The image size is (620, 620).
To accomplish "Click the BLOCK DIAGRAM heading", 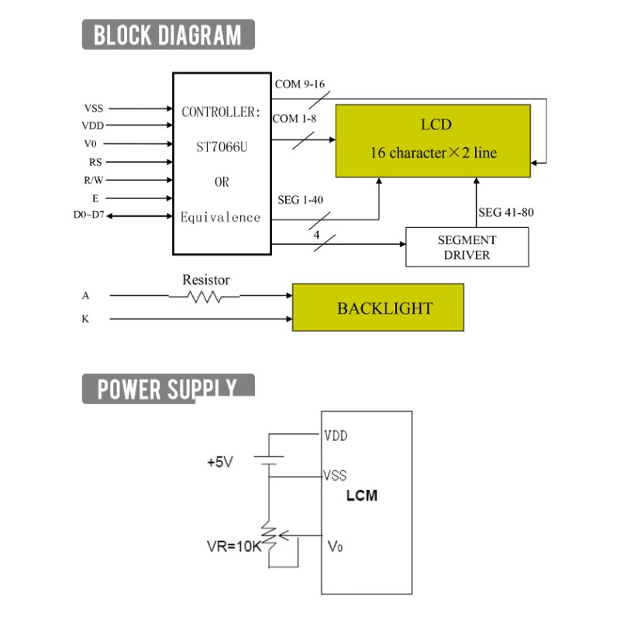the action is pos(168,34).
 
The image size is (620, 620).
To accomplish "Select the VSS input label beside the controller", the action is pos(94,108).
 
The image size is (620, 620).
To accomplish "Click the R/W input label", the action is pos(94,181).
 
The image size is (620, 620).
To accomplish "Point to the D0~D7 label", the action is pos(89,215).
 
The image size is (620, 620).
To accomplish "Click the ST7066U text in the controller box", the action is pos(222,147).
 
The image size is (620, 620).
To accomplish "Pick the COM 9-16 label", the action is pos(300,84).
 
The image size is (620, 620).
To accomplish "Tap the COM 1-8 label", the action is pos(294,119).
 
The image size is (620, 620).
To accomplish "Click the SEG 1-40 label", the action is pos(301,200).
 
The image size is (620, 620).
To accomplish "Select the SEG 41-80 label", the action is pos(506,212).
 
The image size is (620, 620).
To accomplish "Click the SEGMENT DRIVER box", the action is pos(467,247).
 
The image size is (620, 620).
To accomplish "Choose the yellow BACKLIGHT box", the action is pos(378,307).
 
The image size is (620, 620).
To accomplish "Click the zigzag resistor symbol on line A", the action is pos(205,297).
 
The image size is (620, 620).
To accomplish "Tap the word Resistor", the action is pos(206,280).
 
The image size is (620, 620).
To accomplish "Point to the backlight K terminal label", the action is pos(85,319).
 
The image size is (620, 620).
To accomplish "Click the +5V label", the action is pos(220,462).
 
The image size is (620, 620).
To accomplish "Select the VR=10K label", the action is pos(234,546).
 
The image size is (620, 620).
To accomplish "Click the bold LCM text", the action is pos(362,495).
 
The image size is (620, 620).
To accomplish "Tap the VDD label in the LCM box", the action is pos(336,436).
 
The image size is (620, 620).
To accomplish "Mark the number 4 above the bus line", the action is pos(316,235).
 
